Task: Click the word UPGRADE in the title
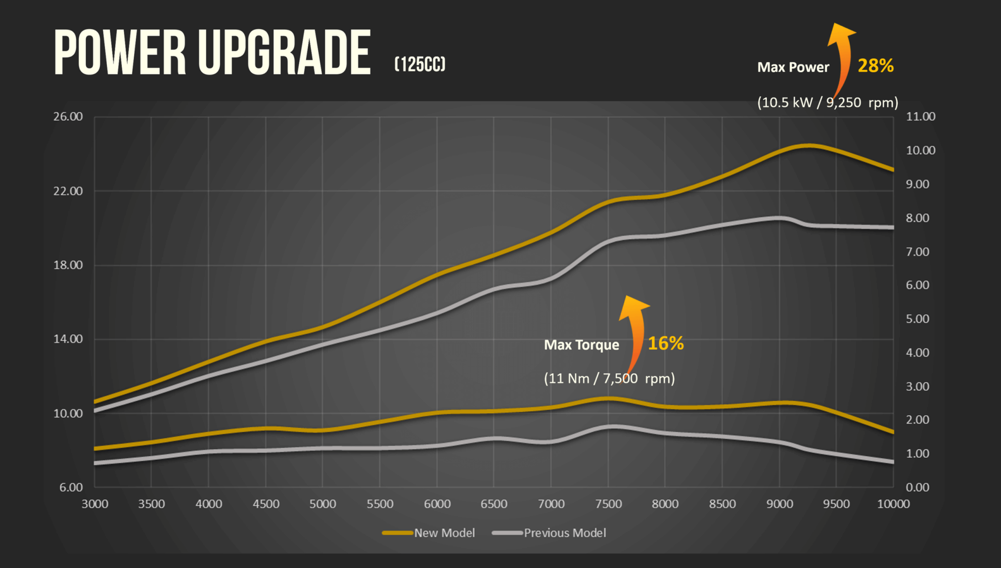284,53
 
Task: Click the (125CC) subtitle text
420,64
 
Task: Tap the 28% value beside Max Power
876,66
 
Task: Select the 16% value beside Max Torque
665,343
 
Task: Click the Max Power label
793,67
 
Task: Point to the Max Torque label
581,345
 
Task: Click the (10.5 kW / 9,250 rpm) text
827,103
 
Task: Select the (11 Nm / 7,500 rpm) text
609,378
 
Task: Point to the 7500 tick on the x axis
608,504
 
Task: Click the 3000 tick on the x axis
95,504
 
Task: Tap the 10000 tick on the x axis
893,504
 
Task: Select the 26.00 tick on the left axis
68,117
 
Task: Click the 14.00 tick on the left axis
68,339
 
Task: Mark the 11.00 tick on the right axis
921,117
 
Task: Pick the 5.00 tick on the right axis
918,319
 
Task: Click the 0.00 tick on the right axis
918,487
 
